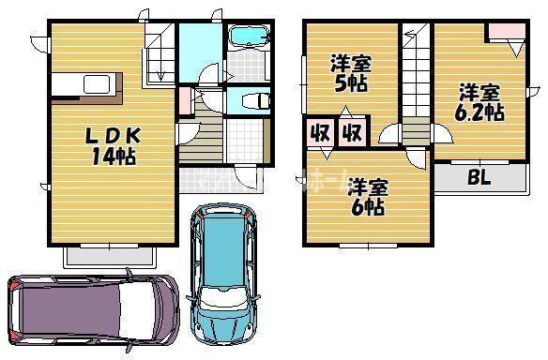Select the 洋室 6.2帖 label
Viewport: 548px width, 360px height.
point(479,102)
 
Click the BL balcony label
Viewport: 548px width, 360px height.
point(479,177)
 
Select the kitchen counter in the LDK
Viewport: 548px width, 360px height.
point(84,85)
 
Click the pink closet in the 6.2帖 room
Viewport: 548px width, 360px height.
point(505,30)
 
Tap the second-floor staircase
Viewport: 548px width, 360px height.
point(415,80)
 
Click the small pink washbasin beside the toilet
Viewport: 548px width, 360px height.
point(185,99)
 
